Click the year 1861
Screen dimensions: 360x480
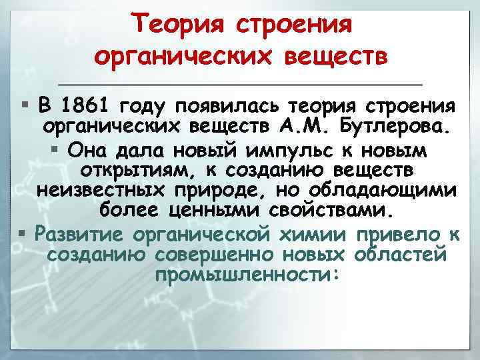87,105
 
